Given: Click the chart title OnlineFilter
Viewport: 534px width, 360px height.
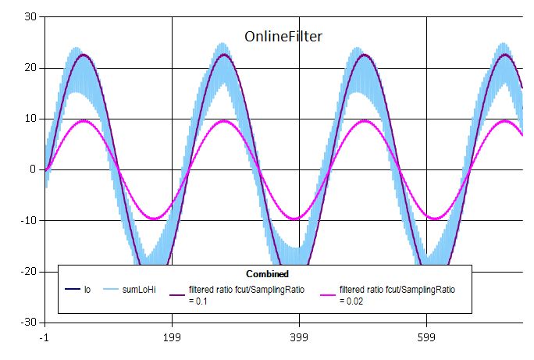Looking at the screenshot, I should (x=283, y=36).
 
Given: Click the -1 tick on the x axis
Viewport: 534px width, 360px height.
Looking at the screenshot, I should (x=45, y=338).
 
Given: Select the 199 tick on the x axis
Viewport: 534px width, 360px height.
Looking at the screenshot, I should (x=172, y=338).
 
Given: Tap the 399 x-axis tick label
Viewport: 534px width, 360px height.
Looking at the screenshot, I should (x=299, y=338).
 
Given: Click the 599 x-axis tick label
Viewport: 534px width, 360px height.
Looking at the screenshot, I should (x=426, y=338).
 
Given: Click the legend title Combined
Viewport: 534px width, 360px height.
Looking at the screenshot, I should (x=267, y=274).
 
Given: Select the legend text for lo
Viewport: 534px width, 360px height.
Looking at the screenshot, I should (x=87, y=290).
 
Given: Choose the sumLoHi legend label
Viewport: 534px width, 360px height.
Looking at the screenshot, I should (x=140, y=290).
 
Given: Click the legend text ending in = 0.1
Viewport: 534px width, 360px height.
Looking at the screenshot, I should (x=246, y=294).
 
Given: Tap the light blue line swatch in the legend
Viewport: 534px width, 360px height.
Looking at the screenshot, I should (x=110, y=290).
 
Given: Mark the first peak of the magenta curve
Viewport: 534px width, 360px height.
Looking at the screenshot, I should (x=84, y=121).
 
